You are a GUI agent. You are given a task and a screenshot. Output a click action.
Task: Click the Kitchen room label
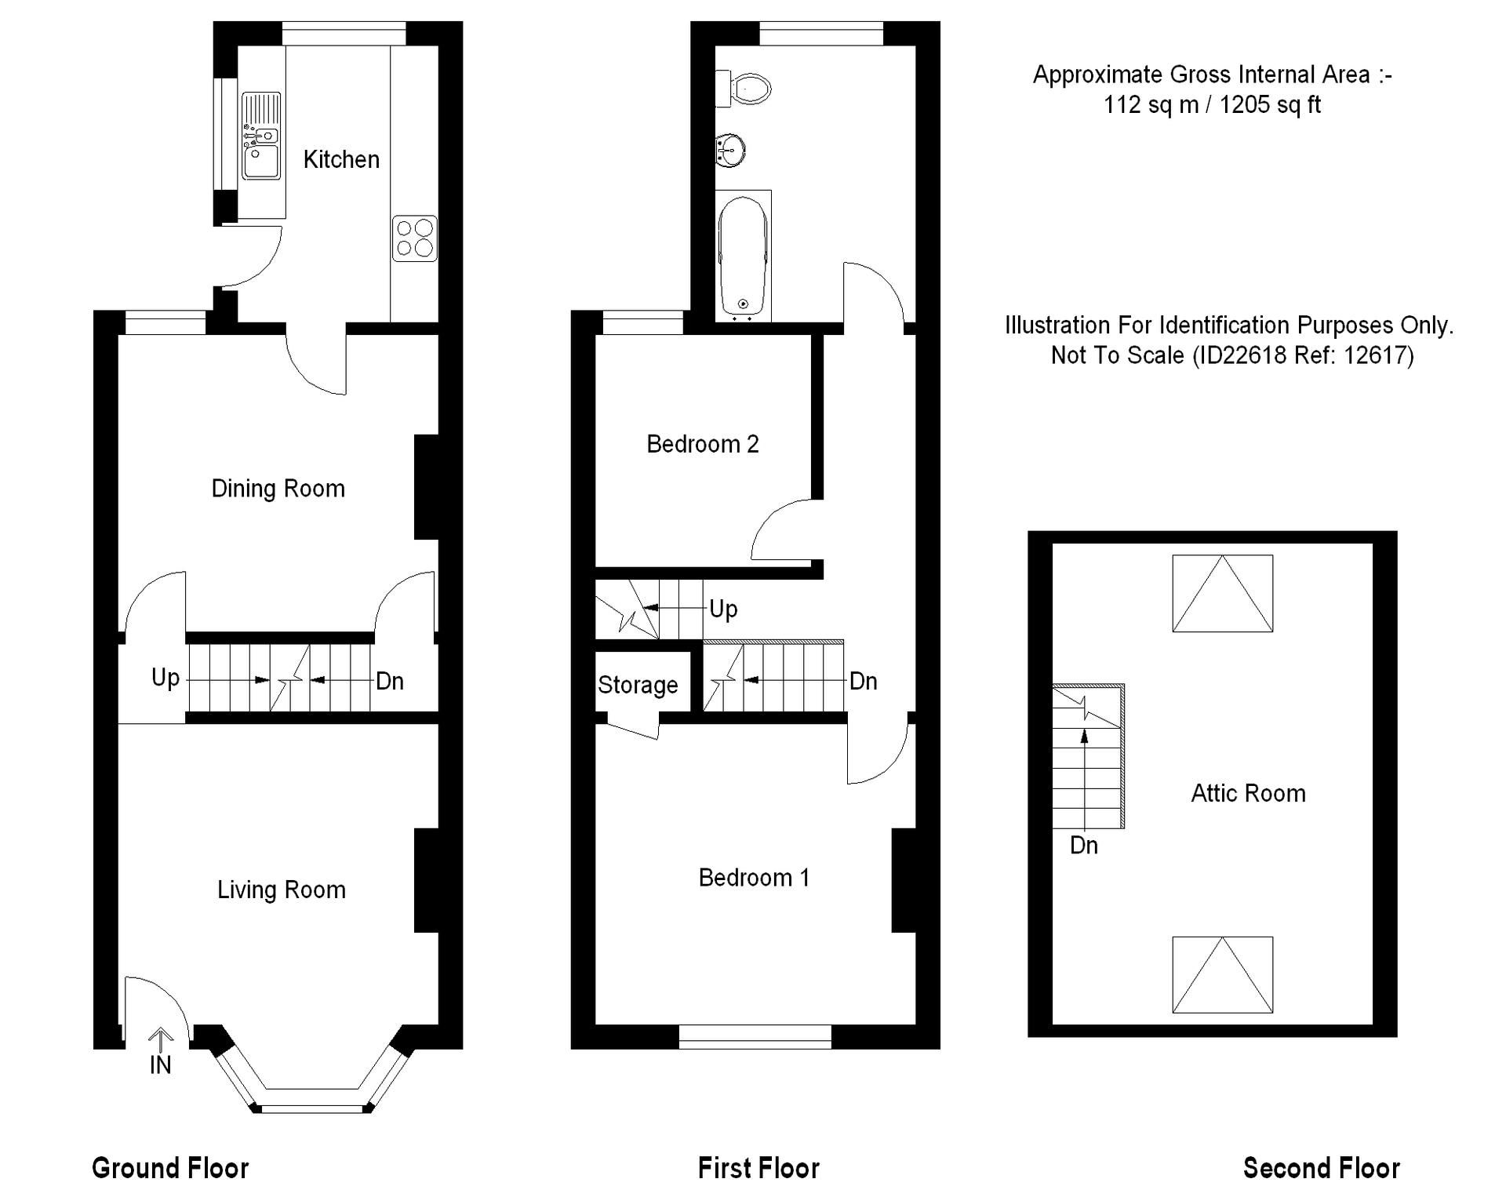tap(341, 159)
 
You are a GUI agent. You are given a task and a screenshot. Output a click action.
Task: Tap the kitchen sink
tap(261, 136)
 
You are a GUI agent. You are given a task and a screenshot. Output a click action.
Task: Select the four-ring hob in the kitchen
tap(415, 238)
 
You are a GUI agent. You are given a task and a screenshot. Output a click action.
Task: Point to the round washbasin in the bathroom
tap(729, 150)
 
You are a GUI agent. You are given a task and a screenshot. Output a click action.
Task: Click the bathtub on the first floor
tap(743, 256)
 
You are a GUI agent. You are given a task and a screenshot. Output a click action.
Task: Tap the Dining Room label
tap(278, 489)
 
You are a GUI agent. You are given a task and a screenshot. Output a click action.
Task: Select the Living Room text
tap(282, 890)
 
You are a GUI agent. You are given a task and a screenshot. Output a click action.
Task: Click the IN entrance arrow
tap(161, 1040)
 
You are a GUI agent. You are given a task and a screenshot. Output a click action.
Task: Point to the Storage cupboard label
tap(638, 685)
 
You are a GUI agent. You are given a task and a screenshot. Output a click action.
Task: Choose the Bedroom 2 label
tap(703, 444)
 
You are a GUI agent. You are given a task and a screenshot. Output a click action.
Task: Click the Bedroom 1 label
tap(754, 877)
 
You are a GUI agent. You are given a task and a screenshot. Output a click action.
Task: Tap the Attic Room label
tap(1249, 793)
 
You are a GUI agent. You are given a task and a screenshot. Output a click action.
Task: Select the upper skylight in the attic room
tap(1223, 593)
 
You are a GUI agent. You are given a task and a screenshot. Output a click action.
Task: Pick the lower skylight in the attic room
tap(1223, 974)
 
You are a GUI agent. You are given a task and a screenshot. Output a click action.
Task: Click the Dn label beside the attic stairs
tap(1084, 846)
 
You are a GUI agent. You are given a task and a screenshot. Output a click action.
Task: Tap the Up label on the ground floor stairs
tap(166, 678)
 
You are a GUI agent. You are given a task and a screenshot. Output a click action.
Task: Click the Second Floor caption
tap(1322, 1168)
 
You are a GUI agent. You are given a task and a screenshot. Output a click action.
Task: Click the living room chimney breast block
tap(426, 880)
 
